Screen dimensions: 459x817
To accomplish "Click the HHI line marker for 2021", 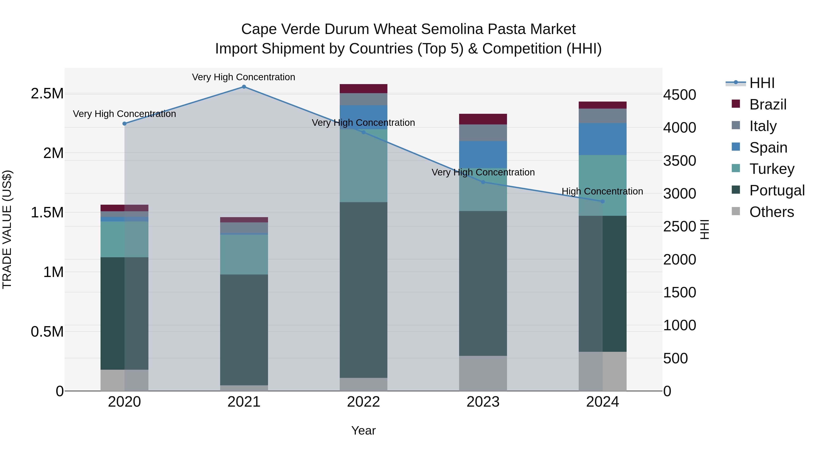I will [244, 87].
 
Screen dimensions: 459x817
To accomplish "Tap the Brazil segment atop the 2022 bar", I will [364, 89].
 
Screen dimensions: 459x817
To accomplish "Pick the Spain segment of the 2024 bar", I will [603, 139].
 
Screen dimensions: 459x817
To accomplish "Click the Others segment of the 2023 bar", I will [483, 373].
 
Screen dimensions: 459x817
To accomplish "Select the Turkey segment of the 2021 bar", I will [244, 254].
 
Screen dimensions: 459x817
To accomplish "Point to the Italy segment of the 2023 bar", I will [483, 133].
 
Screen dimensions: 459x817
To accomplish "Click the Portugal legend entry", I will [777, 190].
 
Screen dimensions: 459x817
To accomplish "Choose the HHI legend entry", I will [762, 83].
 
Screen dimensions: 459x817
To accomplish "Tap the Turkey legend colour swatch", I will [736, 168].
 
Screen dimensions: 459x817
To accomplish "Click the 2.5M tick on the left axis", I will [47, 94].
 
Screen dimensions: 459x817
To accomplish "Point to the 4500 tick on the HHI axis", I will [680, 95].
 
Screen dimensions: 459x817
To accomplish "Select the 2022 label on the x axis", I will [364, 402].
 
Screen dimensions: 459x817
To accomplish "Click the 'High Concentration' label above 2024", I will [602, 191].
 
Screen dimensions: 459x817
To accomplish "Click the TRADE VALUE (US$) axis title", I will [7, 229].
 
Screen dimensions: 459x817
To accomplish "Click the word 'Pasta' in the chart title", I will [503, 29].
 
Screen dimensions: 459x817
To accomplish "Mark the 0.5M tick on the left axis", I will [47, 332].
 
